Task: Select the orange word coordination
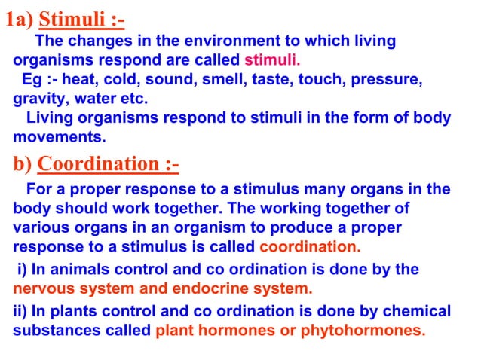point(309,246)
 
